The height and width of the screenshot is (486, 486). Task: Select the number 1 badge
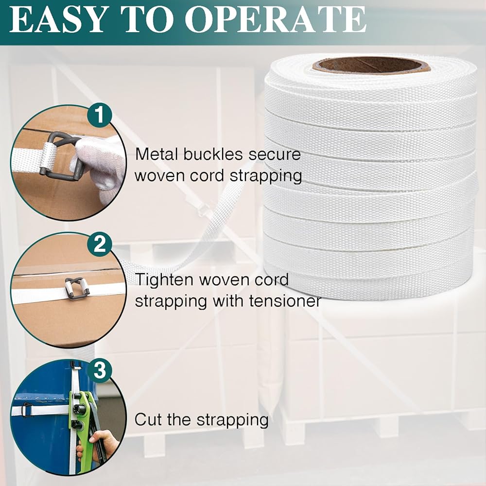[99, 115]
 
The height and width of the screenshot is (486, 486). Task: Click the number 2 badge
[99, 244]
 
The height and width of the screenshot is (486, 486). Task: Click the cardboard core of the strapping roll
[371, 65]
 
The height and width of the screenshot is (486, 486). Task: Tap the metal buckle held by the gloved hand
[60, 156]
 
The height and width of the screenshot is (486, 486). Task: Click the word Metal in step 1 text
[157, 154]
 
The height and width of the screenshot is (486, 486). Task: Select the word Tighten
[165, 279]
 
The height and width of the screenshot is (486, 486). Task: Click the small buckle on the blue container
[27, 409]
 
